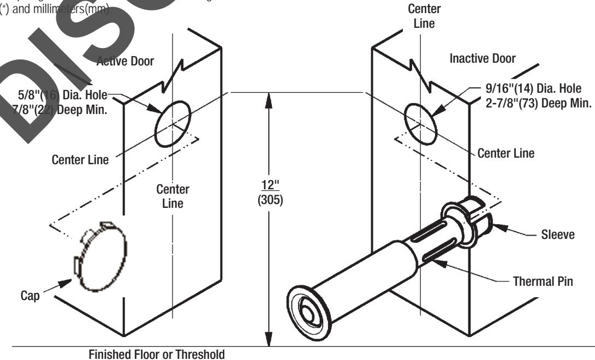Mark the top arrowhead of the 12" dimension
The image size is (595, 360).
tap(268, 98)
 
